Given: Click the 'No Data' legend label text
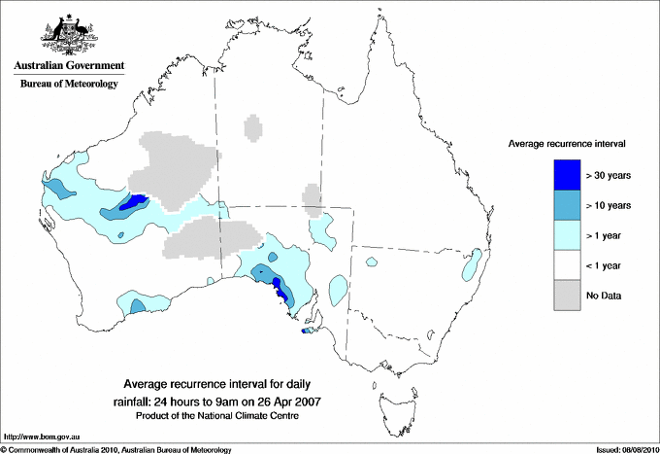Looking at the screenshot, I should pos(604,295).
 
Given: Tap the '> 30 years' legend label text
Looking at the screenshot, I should pos(610,175).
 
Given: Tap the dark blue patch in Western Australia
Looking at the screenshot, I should pos(132,202).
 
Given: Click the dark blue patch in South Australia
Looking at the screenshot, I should pos(279,289).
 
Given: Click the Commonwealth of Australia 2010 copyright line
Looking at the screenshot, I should pos(116,449).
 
